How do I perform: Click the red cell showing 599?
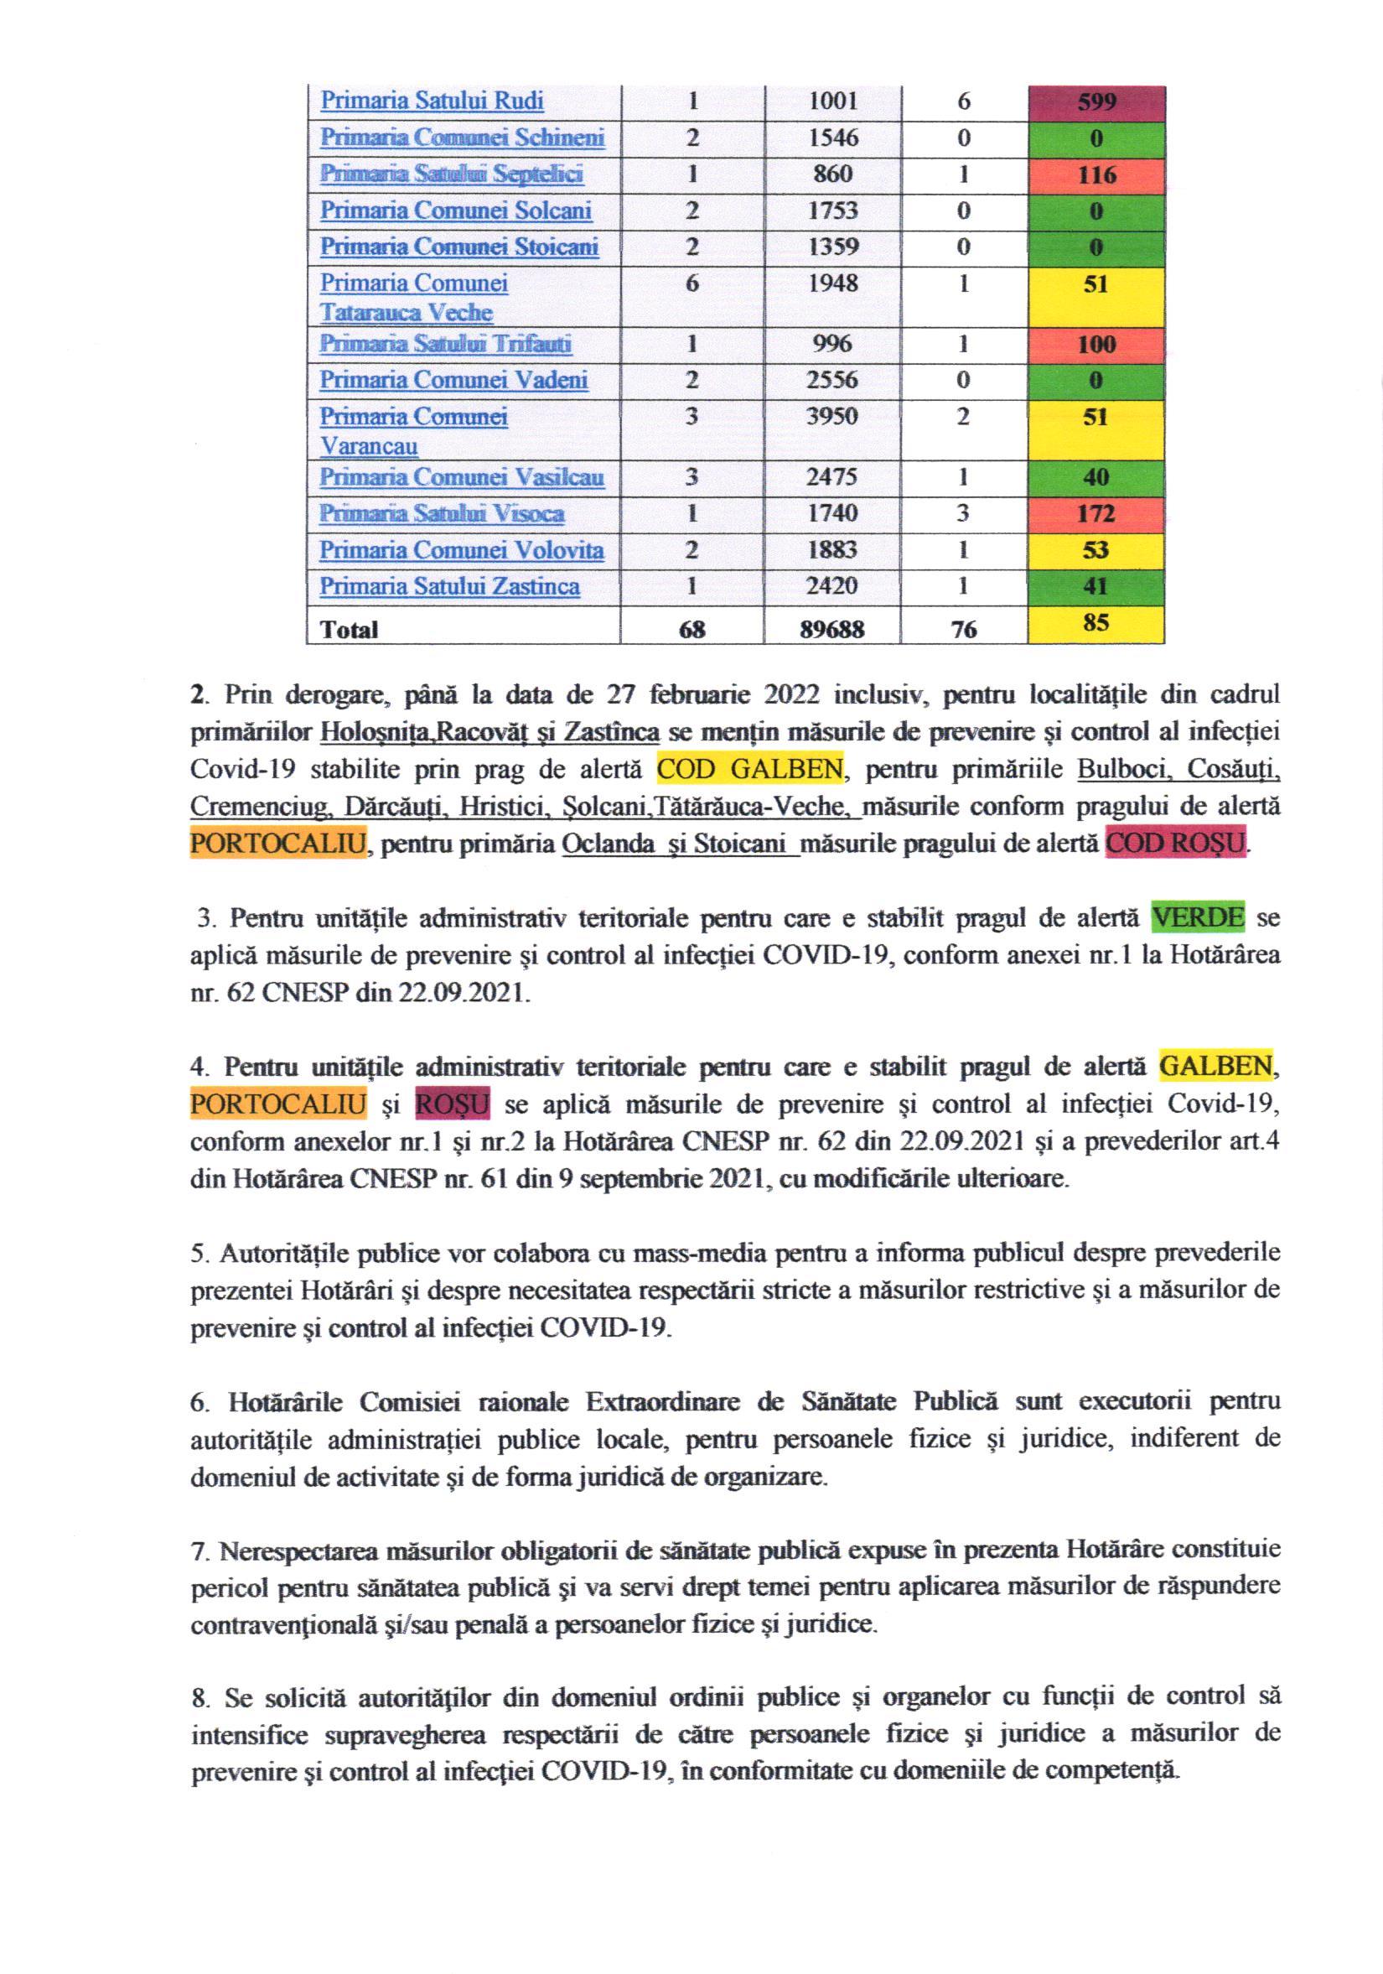(1095, 103)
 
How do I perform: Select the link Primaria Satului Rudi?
(432, 101)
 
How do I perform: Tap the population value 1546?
(832, 138)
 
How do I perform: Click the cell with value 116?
(1095, 175)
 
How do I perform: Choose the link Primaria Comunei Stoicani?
(459, 247)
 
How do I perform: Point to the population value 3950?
(832, 417)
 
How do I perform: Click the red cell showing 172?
(1095, 514)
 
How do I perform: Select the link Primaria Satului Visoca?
(442, 514)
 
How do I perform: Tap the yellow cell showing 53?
(1095, 550)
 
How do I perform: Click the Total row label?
(349, 631)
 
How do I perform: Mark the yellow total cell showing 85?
(1095, 623)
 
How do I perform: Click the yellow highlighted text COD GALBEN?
(749, 770)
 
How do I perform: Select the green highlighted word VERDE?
(1197, 918)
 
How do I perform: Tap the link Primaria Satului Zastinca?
(449, 587)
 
